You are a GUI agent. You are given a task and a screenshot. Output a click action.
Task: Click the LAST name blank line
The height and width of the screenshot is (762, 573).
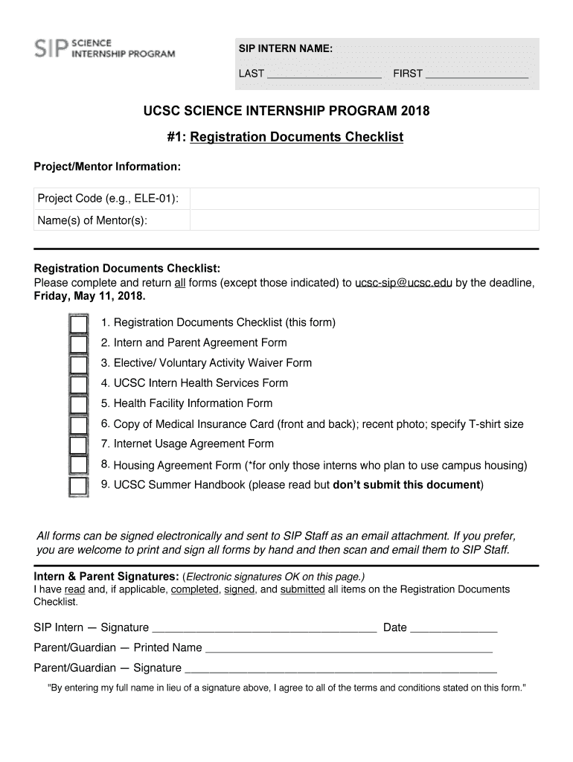pos(324,73)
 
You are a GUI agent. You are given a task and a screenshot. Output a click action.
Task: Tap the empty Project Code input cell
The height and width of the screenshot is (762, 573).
pos(364,199)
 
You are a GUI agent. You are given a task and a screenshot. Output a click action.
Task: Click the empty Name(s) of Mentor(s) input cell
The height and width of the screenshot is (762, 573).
pos(364,220)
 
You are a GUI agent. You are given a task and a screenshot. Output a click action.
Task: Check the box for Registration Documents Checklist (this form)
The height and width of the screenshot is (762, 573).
pos(78,324)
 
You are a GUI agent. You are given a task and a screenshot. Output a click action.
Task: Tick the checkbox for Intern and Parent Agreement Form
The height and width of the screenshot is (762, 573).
pos(78,345)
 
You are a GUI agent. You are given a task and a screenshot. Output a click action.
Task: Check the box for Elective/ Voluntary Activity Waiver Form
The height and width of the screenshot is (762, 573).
pos(78,365)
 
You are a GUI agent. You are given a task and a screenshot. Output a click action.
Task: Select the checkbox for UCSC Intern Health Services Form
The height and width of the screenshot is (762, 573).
pos(78,385)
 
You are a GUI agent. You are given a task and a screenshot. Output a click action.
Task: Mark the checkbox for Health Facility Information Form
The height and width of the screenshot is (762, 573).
pos(78,405)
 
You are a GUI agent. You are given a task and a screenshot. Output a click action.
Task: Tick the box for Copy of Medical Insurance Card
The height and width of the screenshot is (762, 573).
pos(78,425)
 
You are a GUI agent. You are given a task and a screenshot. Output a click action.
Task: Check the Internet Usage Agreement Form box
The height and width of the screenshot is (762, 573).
pos(78,445)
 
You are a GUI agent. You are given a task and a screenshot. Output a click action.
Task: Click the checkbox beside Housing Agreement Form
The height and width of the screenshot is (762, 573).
pos(78,466)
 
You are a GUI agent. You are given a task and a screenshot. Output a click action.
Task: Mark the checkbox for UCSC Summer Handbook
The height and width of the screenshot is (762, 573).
pos(78,486)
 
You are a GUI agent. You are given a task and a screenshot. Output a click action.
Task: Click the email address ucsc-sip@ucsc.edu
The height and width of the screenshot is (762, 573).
pos(403,283)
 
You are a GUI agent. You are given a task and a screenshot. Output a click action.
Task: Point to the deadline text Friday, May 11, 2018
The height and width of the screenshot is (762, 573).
pos(90,296)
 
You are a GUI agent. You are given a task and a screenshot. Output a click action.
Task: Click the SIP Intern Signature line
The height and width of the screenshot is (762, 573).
pos(263,627)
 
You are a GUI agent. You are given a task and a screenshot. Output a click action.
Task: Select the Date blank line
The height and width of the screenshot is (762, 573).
pos(453,627)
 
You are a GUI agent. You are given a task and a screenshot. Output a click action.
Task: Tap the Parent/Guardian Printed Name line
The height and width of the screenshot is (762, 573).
pos(348,647)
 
